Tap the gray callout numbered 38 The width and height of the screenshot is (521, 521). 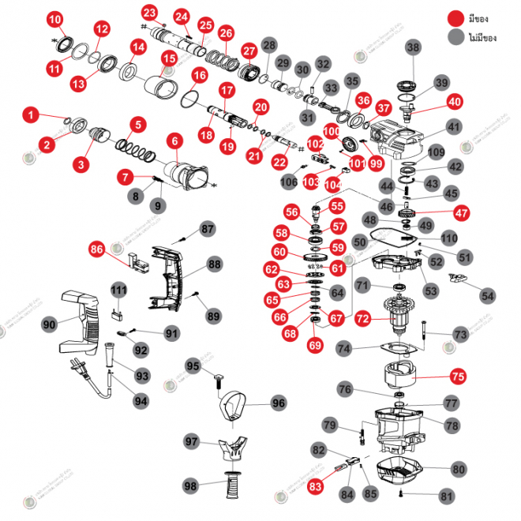coord(414,49)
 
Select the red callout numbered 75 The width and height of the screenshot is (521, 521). coord(459,377)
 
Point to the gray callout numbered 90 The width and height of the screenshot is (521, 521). coord(50,324)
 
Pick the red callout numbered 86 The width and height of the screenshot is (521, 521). coord(97,249)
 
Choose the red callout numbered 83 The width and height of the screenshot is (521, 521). coord(316,487)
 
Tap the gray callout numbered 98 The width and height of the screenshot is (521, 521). coord(190,484)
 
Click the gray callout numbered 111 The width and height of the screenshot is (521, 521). coord(118,290)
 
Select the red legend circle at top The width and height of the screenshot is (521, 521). coord(454,17)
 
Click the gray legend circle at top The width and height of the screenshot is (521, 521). coord(454,36)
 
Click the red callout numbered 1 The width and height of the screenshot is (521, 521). coord(31,117)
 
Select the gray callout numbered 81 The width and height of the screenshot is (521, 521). coord(448,497)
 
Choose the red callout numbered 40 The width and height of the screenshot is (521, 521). coord(454,101)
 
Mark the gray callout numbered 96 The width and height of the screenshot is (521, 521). coord(279,403)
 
